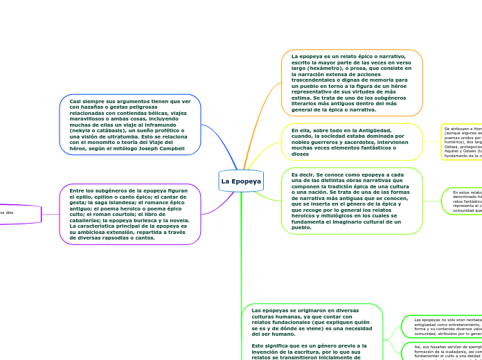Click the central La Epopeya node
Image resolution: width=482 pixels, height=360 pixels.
pyautogui.click(x=241, y=181)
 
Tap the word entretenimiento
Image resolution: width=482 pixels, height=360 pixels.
pyautogui.click(x=458, y=324)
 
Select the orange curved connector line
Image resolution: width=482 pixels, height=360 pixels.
pyautogui.click(x=266, y=111)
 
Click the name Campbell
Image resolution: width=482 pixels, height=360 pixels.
pyautogui.click(x=173, y=148)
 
